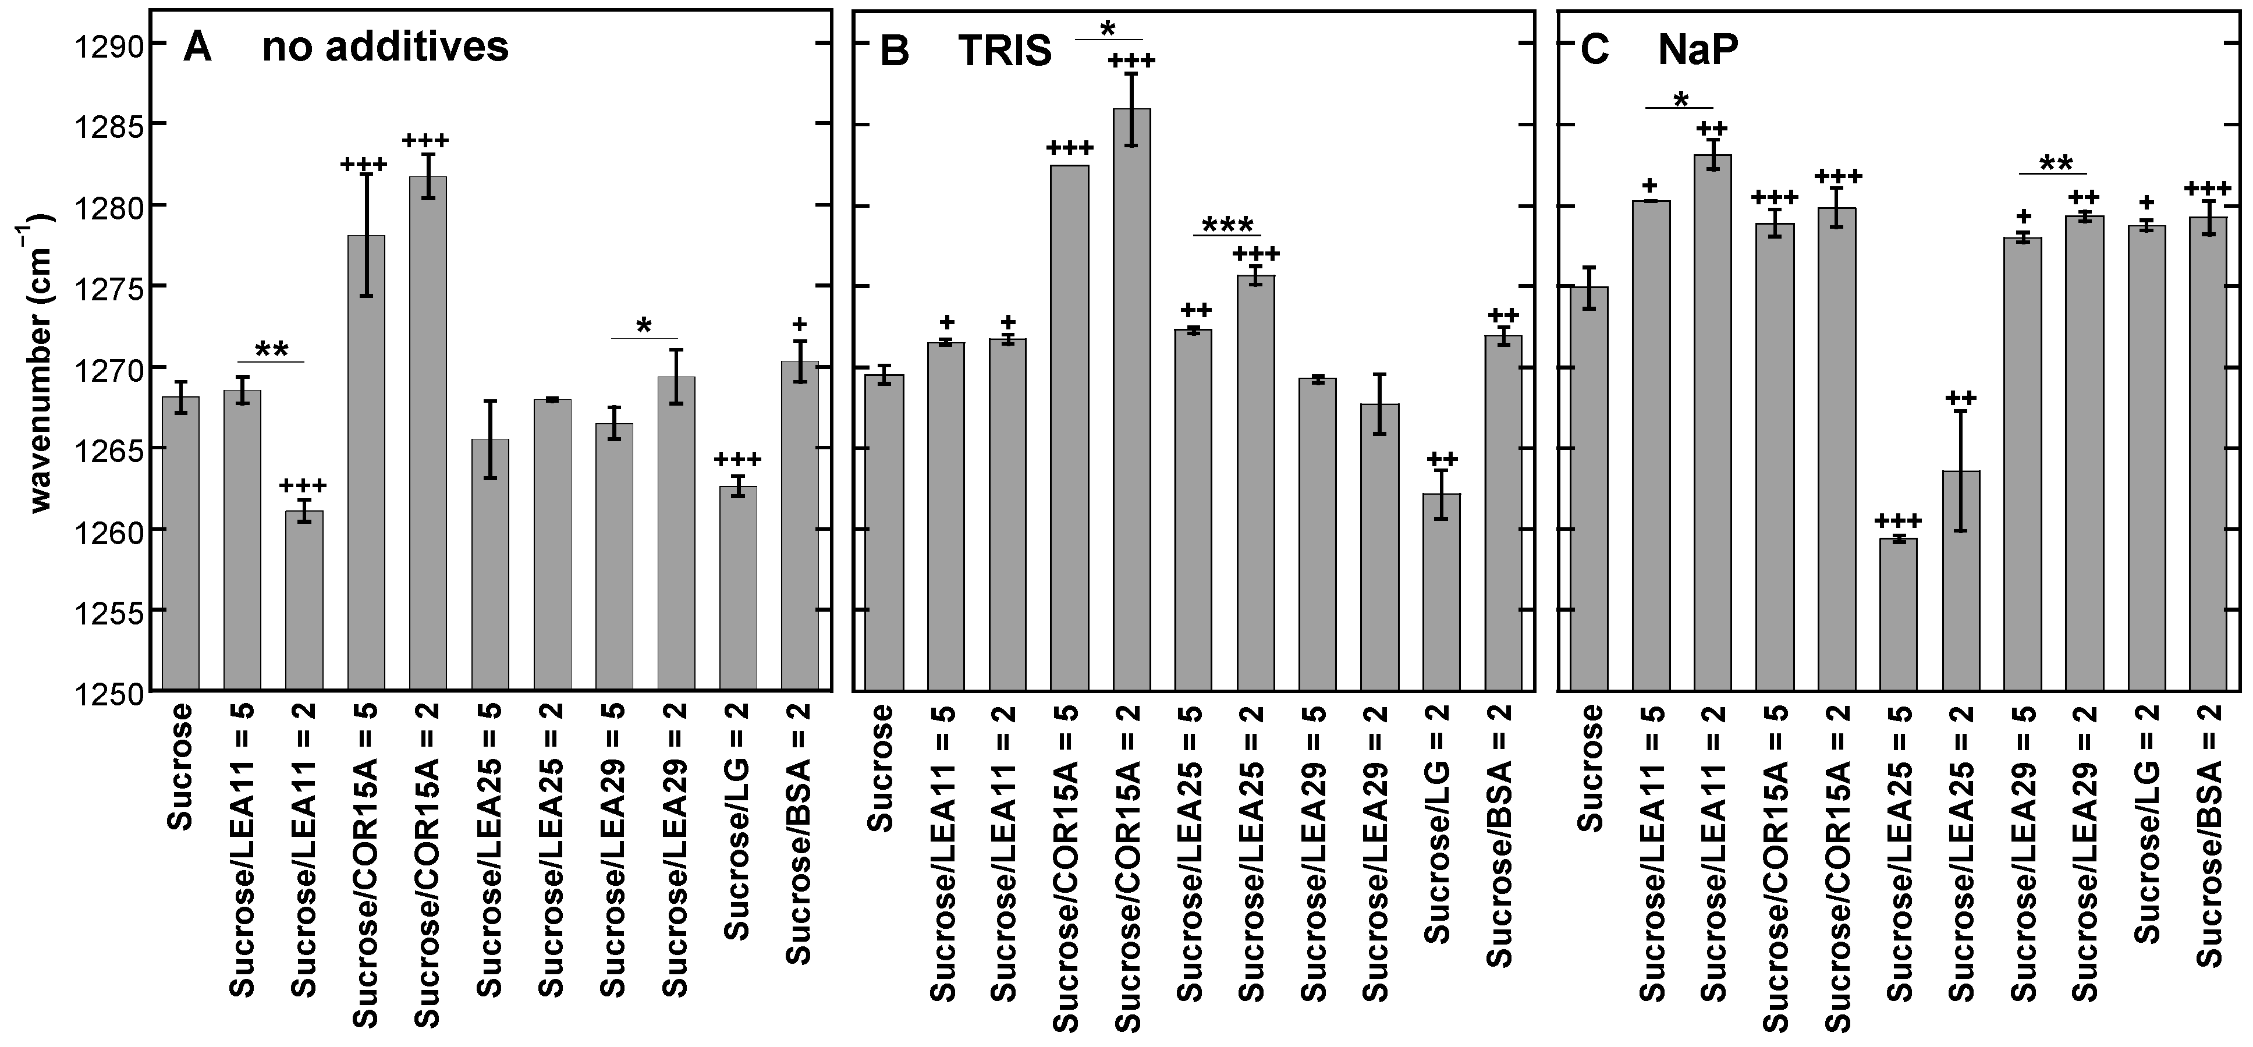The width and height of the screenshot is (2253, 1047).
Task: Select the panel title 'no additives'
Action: (x=385, y=47)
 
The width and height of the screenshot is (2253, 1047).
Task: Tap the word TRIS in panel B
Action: (x=1004, y=52)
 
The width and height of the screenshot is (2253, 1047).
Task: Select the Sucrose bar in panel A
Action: (x=180, y=542)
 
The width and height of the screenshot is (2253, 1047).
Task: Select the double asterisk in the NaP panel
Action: (x=2055, y=164)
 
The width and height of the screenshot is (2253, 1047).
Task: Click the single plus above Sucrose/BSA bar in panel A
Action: (x=799, y=325)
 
